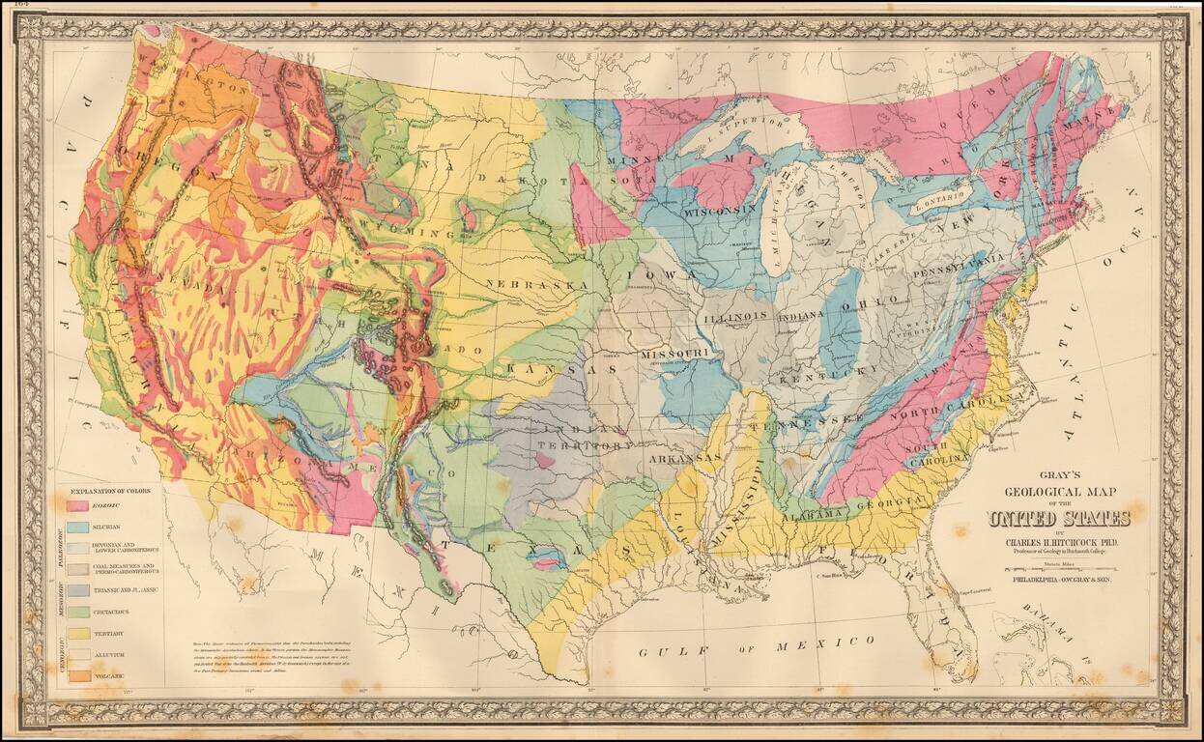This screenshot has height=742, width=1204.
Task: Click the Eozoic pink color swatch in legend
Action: coord(78,504)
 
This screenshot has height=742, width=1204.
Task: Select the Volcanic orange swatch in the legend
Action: coord(78,676)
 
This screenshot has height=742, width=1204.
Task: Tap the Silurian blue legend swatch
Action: coord(78,527)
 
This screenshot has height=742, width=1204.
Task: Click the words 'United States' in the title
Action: coord(1059,519)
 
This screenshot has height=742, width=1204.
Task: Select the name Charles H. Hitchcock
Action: coord(1059,541)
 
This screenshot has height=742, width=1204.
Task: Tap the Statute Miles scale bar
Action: coord(1059,568)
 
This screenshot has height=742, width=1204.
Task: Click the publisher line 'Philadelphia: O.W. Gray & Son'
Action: coord(1059,581)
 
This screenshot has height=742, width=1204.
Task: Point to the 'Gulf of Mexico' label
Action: coord(757,646)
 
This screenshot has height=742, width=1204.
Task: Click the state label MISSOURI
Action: coord(674,355)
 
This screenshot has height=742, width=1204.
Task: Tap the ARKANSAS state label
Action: coord(687,456)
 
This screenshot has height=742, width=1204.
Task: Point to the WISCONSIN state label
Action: coord(719,210)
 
